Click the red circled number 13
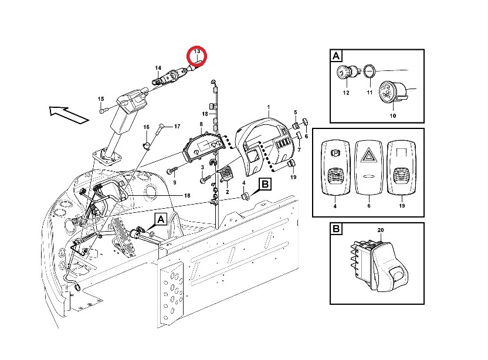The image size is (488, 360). (x=197, y=55)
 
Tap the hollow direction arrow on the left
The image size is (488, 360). (x=68, y=113)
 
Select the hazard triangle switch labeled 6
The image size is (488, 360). (x=368, y=167)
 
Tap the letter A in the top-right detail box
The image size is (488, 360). (x=336, y=56)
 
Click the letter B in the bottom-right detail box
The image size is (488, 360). (x=336, y=229)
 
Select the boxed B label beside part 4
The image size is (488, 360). (x=265, y=184)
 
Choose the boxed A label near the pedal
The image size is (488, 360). (x=160, y=219)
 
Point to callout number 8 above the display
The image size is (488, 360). (x=201, y=124)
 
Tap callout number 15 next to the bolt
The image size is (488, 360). (x=100, y=99)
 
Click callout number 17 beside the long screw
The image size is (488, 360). (x=177, y=125)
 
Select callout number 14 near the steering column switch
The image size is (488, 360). (x=142, y=67)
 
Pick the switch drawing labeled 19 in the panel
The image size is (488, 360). (x=402, y=167)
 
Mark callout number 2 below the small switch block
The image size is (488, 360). (x=226, y=192)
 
